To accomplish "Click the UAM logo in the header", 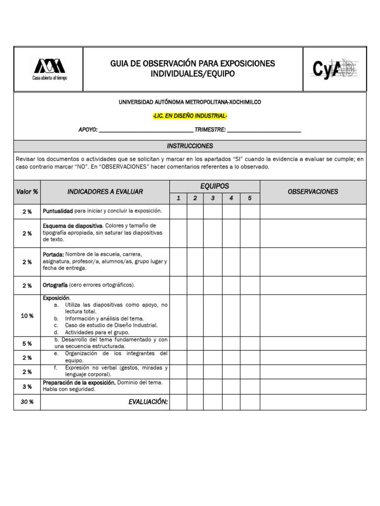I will pyautogui.click(x=48, y=69).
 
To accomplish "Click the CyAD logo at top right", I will pyautogui.click(x=334, y=69).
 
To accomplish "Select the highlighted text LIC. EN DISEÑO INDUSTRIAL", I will pyautogui.click(x=190, y=116).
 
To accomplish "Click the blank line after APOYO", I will pyautogui.click(x=146, y=130).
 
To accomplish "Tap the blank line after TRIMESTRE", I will pyautogui.click(x=264, y=130).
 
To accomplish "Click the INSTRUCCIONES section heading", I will pyautogui.click(x=190, y=146).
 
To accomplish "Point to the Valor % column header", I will pyautogui.click(x=27, y=192).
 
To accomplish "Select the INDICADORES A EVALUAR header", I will pyautogui.click(x=105, y=192).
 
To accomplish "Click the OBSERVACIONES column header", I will pyautogui.click(x=313, y=192).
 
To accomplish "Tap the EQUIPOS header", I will pyautogui.click(x=214, y=186).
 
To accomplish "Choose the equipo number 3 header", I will pyautogui.click(x=213, y=198).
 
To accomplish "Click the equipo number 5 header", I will pyautogui.click(x=250, y=198).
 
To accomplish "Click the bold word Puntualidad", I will pyautogui.click(x=58, y=211).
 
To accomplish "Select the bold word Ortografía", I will pyautogui.click(x=55, y=285).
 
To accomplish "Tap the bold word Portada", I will pyautogui.click(x=53, y=254).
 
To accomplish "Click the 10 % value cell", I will pyautogui.click(x=27, y=316).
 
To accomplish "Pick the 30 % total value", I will pyautogui.click(x=27, y=402).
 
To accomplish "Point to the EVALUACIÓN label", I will pyautogui.click(x=148, y=402).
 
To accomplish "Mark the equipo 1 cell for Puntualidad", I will pyautogui.click(x=178, y=211).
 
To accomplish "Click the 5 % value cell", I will pyautogui.click(x=27, y=343).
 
